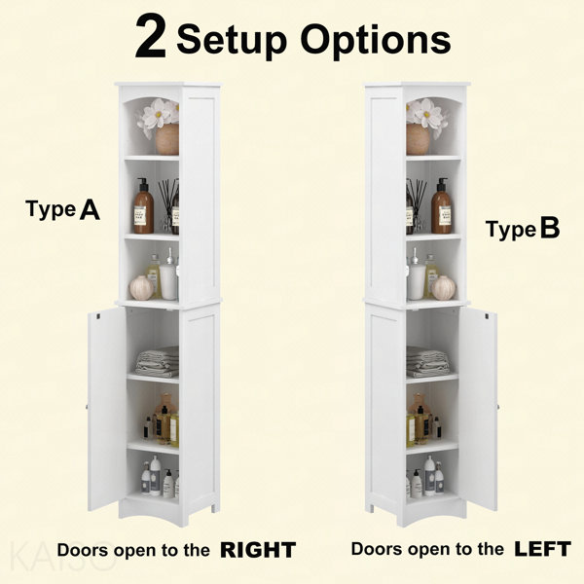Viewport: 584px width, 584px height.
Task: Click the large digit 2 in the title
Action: [151, 37]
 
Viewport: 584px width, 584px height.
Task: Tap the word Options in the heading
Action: [376, 40]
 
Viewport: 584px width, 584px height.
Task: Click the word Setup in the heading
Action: [232, 40]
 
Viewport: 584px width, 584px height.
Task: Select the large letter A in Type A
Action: [90, 209]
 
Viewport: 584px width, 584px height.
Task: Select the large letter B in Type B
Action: [550, 228]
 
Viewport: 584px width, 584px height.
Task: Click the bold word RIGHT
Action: [258, 550]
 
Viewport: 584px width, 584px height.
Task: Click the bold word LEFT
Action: [543, 549]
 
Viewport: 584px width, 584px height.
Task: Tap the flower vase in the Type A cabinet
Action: [166, 139]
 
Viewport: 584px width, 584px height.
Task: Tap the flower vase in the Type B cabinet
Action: [418, 139]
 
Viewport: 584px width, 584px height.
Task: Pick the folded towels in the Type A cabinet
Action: [157, 362]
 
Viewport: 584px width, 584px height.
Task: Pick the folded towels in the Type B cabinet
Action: [427, 362]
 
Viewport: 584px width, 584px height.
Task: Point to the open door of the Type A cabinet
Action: [107, 409]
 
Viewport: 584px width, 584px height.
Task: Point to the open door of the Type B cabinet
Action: [478, 409]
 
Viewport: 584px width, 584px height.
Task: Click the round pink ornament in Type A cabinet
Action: [141, 288]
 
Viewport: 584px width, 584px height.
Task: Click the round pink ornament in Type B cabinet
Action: [444, 288]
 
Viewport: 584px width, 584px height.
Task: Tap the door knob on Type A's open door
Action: [87, 407]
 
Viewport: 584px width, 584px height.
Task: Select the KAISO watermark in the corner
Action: [60, 557]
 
